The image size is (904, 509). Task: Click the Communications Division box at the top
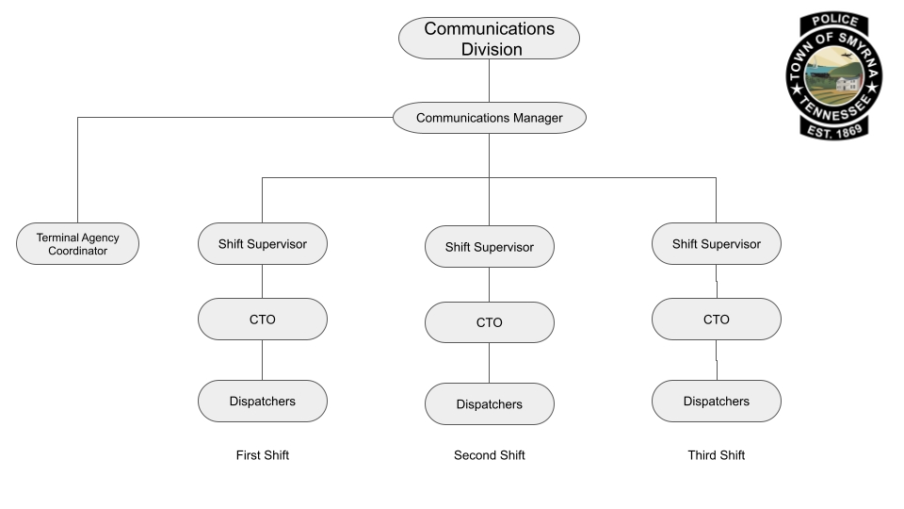click(489, 39)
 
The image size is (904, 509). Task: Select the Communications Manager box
click(489, 118)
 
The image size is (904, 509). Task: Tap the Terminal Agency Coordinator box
click(78, 244)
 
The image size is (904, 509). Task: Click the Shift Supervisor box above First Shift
click(263, 244)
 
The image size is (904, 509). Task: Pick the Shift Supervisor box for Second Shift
click(489, 247)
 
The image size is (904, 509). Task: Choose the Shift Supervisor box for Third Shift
click(716, 244)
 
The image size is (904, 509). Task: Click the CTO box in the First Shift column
click(263, 320)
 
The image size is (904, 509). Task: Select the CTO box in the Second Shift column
click(489, 322)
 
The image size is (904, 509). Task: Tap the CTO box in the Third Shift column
click(716, 320)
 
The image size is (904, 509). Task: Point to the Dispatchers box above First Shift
click(263, 401)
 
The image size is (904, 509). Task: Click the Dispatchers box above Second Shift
click(489, 404)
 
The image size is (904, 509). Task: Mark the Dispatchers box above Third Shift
click(716, 401)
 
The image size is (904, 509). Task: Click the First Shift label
click(263, 455)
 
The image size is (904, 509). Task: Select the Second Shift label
click(489, 455)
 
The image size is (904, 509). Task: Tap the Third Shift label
click(716, 455)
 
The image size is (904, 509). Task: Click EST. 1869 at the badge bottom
click(834, 131)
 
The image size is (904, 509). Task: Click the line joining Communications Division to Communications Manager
click(489, 81)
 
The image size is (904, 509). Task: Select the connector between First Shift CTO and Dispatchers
click(263, 359)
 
